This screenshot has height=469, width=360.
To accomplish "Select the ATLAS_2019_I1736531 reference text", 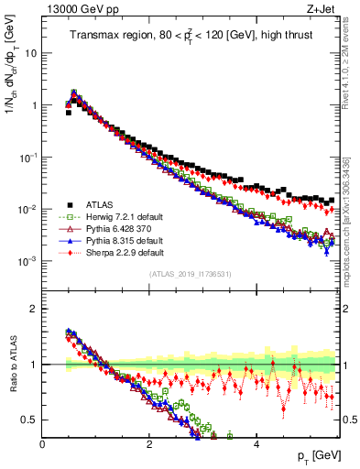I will tap(190, 275).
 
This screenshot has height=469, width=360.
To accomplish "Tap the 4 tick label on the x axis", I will tap(256, 444).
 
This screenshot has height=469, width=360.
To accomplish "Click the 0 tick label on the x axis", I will tap(43, 444).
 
